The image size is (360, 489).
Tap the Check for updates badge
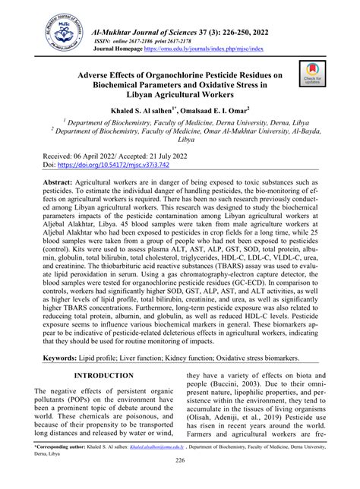312,74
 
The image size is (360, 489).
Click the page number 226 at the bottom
180,481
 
